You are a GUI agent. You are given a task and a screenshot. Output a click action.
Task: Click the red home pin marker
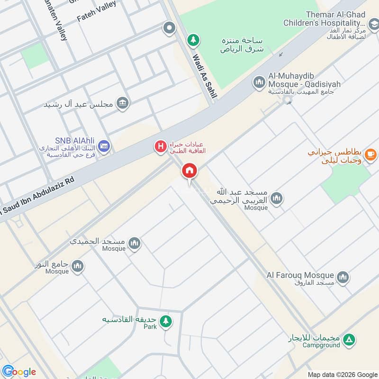click(x=189, y=171)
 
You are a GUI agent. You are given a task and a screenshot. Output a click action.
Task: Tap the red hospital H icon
click(x=161, y=147)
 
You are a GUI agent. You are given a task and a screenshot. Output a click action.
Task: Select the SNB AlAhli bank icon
click(x=105, y=146)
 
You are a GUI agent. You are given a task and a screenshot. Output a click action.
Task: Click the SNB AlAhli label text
click(x=75, y=140)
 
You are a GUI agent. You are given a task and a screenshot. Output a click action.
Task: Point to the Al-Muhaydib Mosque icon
click(x=259, y=82)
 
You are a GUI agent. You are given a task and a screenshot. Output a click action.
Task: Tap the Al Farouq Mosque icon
click(x=343, y=277)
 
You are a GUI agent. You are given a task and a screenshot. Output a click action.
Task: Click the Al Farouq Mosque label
click(x=300, y=275)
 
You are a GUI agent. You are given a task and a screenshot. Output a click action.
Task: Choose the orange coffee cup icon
click(x=370, y=153)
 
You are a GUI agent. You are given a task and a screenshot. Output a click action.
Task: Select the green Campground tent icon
click(x=349, y=339)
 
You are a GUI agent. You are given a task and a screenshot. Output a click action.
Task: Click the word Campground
click(x=323, y=345)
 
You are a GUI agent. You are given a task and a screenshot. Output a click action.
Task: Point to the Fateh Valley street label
click(x=97, y=12)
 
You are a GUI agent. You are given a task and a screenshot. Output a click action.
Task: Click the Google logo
click(x=19, y=371)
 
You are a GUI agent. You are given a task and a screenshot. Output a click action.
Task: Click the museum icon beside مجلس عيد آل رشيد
click(x=122, y=103)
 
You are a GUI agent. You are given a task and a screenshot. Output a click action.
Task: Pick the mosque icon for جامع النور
click(x=77, y=266)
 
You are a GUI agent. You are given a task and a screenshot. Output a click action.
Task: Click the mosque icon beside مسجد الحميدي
click(x=135, y=244)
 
